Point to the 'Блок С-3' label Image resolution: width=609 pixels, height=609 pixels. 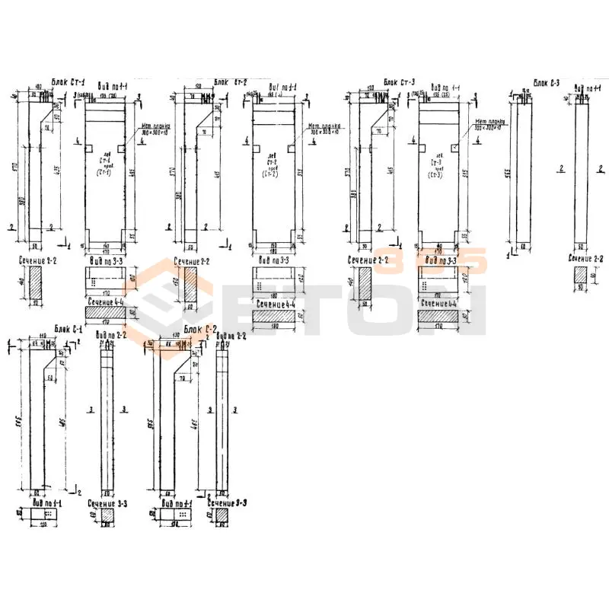click(546, 81)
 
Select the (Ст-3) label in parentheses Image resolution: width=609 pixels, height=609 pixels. click(437, 173)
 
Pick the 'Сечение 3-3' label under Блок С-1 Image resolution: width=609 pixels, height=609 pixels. click(107, 503)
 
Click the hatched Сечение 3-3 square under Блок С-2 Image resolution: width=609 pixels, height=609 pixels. click(222, 516)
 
